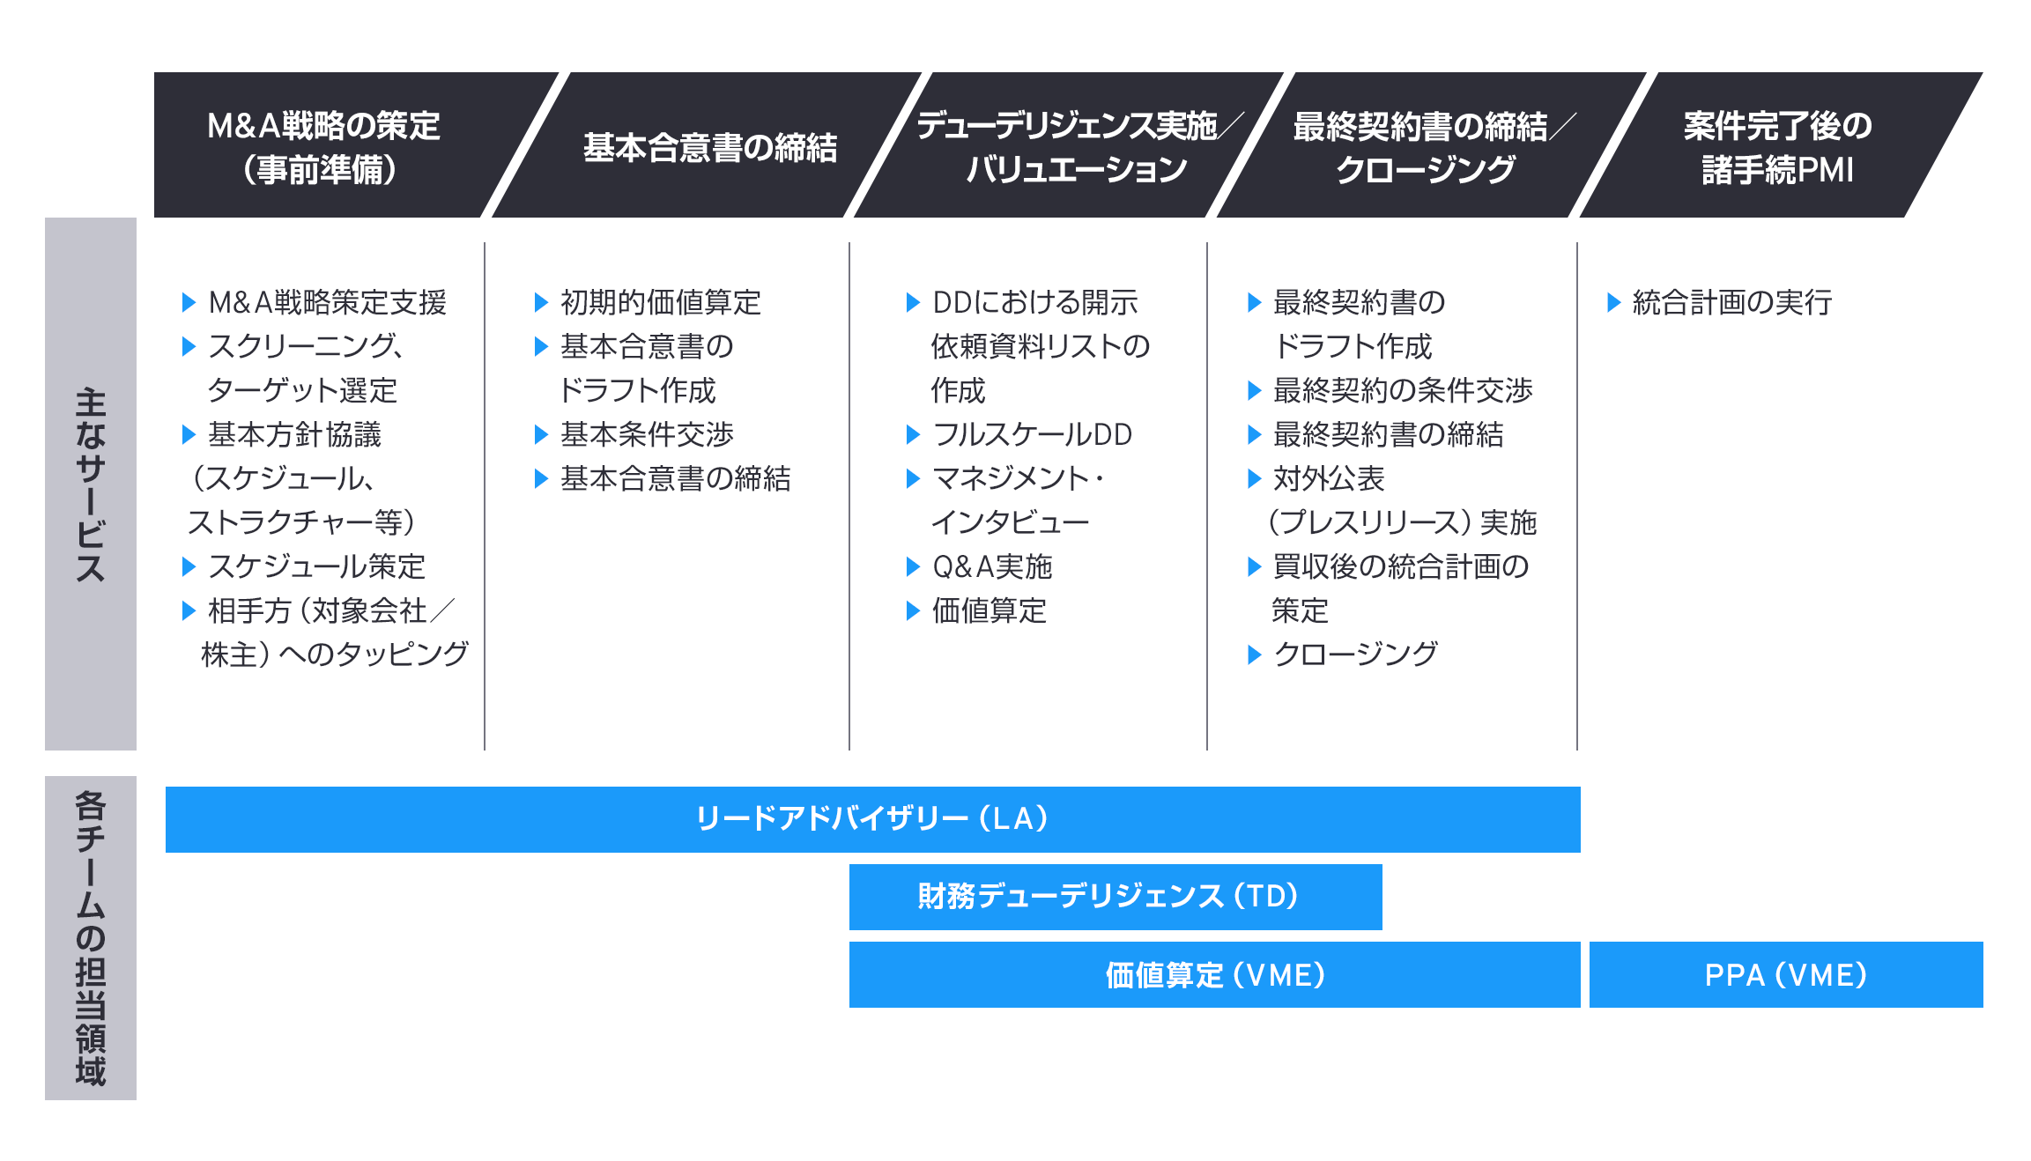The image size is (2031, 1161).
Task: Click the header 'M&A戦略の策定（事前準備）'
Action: [322, 145]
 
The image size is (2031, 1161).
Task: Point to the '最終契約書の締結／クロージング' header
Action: [1432, 145]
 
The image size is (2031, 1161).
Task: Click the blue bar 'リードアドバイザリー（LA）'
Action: [872, 819]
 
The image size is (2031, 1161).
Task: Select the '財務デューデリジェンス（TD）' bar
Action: [1116, 897]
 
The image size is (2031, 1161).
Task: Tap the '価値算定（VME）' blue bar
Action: [1214, 975]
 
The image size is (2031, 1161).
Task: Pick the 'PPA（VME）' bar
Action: [1786, 975]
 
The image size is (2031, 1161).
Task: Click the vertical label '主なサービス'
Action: [91, 484]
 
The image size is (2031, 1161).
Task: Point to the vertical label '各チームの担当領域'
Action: [91, 938]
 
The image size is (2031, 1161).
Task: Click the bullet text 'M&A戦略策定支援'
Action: [328, 302]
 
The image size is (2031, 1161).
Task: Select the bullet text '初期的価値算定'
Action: [661, 302]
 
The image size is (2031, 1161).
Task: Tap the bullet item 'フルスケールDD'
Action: [1033, 434]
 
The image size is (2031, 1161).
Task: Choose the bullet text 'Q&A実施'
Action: [992, 566]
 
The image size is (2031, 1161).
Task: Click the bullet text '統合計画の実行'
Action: [1732, 302]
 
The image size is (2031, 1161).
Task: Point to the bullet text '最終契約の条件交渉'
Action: [1403, 390]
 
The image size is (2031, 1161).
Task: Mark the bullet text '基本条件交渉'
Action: [648, 434]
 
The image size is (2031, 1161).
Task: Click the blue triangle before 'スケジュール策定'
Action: [189, 566]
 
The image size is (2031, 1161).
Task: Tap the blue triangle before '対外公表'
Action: [1255, 478]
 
